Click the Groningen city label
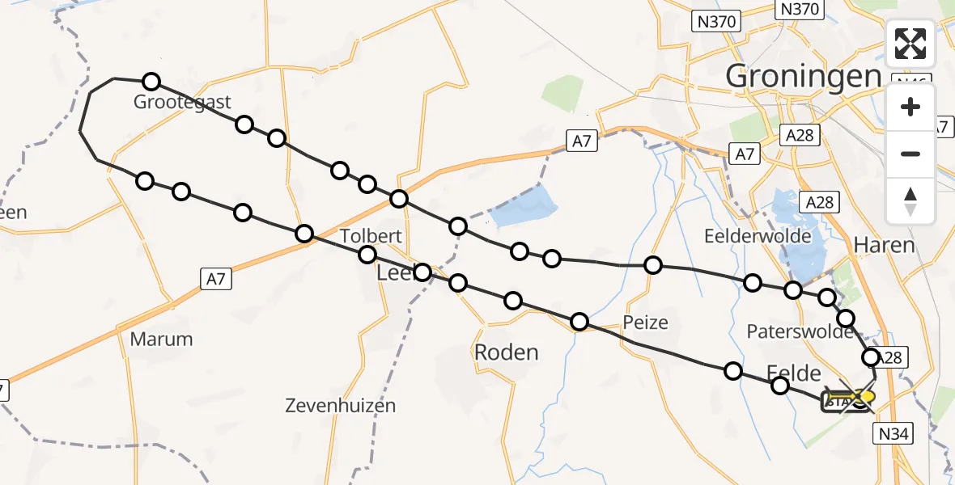[x=802, y=77]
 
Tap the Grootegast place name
[x=182, y=103]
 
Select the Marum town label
[x=162, y=339]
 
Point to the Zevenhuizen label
[x=341, y=406]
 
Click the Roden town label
[x=506, y=352]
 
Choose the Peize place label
[x=646, y=323]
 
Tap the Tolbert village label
[x=371, y=237]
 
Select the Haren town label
[x=885, y=245]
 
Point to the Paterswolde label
[x=800, y=331]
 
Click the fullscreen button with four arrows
[x=910, y=44]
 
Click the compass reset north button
[x=910, y=201]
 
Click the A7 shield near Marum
[x=213, y=279]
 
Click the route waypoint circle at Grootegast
[x=151, y=81]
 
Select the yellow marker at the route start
[x=868, y=396]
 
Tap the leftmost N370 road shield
[x=717, y=22]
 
